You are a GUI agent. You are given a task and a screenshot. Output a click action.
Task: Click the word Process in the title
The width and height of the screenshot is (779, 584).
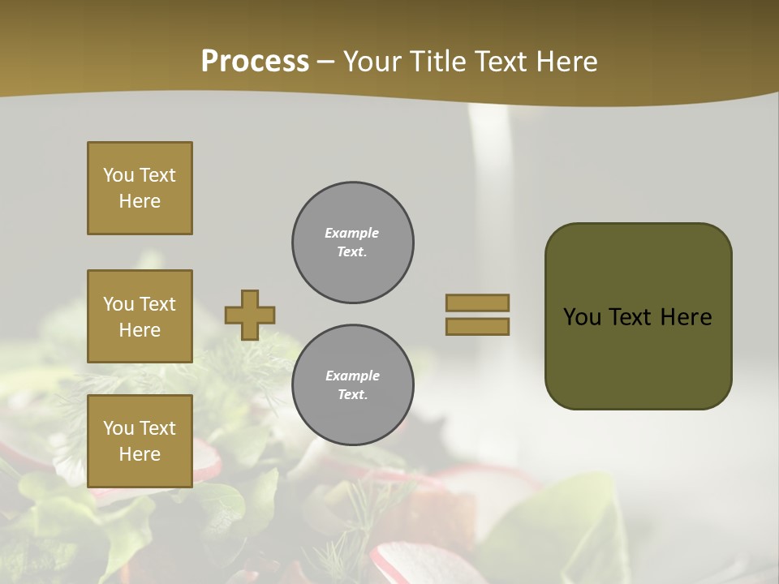click(x=255, y=62)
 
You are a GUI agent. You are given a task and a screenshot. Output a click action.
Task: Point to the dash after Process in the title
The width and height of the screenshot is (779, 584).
click(x=326, y=62)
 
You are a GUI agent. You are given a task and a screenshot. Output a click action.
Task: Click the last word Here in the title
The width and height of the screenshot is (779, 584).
click(x=565, y=62)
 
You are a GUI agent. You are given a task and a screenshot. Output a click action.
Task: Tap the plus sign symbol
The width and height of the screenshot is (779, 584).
click(x=250, y=315)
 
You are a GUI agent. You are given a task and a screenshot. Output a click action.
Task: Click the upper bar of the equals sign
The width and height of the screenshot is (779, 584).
click(x=478, y=303)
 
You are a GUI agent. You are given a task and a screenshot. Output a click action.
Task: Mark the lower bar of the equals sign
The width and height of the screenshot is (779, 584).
click(x=478, y=326)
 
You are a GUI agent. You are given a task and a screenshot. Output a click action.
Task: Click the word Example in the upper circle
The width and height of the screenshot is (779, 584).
click(x=352, y=233)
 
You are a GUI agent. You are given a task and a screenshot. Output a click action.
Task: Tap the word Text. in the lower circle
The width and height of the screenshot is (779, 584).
click(x=352, y=394)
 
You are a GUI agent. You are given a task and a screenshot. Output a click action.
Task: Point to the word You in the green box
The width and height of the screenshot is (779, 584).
click(x=582, y=317)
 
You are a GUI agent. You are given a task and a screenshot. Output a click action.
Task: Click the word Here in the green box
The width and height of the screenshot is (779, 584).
click(x=686, y=317)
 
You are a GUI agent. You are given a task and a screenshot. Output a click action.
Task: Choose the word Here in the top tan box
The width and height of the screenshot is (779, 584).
click(x=140, y=201)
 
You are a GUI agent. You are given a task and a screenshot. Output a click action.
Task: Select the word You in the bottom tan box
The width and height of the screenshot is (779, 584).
click(x=118, y=428)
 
